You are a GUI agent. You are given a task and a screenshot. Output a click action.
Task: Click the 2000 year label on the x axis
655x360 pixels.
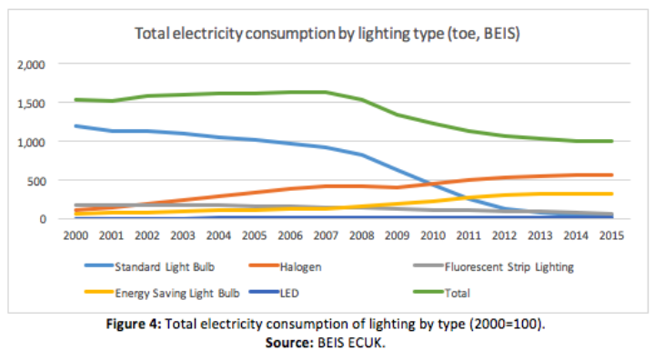tap(75, 236)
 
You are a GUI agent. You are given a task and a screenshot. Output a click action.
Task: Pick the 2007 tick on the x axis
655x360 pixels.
tap(324, 236)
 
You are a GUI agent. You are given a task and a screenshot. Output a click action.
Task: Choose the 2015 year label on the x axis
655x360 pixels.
tap(610, 236)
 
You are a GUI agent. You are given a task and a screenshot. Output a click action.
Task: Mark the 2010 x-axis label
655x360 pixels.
tap(431, 236)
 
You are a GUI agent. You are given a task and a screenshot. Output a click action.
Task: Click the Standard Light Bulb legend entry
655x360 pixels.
tap(160, 266)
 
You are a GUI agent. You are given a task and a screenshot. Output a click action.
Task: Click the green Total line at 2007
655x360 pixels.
tap(324, 92)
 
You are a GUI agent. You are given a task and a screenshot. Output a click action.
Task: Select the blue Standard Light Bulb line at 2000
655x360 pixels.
tap(76, 126)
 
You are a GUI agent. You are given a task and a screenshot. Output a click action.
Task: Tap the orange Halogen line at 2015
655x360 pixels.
tap(610, 175)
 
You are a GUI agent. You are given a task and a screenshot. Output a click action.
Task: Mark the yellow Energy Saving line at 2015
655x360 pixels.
tap(610, 194)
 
